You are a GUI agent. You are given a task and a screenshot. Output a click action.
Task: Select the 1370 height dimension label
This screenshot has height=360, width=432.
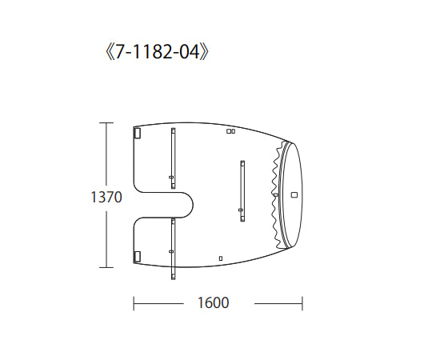pos(106,196)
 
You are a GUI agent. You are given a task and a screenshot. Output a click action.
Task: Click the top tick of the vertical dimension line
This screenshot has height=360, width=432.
pos(106,122)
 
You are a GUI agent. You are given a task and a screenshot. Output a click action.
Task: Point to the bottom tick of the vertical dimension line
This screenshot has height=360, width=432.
pos(106,267)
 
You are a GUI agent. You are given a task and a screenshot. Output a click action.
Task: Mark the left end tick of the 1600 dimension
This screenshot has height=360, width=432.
pos(134,302)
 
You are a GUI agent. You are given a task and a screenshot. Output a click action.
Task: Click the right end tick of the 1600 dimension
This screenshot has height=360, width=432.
pos(302,302)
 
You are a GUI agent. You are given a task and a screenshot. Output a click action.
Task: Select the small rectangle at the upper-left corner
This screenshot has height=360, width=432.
pos(137,134)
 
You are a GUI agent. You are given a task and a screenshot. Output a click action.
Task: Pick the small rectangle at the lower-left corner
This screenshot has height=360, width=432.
pos(137,255)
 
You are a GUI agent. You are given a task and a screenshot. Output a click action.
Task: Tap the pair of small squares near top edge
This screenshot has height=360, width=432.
pos(230,130)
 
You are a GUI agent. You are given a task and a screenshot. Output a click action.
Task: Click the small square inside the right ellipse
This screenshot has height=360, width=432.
pos(294,194)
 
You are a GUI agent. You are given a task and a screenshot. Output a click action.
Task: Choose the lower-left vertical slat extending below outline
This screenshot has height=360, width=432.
pos(172,251)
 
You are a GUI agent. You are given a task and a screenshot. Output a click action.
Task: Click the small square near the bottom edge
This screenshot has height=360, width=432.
pos(221,258)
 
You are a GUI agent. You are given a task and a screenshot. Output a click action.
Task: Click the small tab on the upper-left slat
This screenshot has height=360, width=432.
pos(170,177)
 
